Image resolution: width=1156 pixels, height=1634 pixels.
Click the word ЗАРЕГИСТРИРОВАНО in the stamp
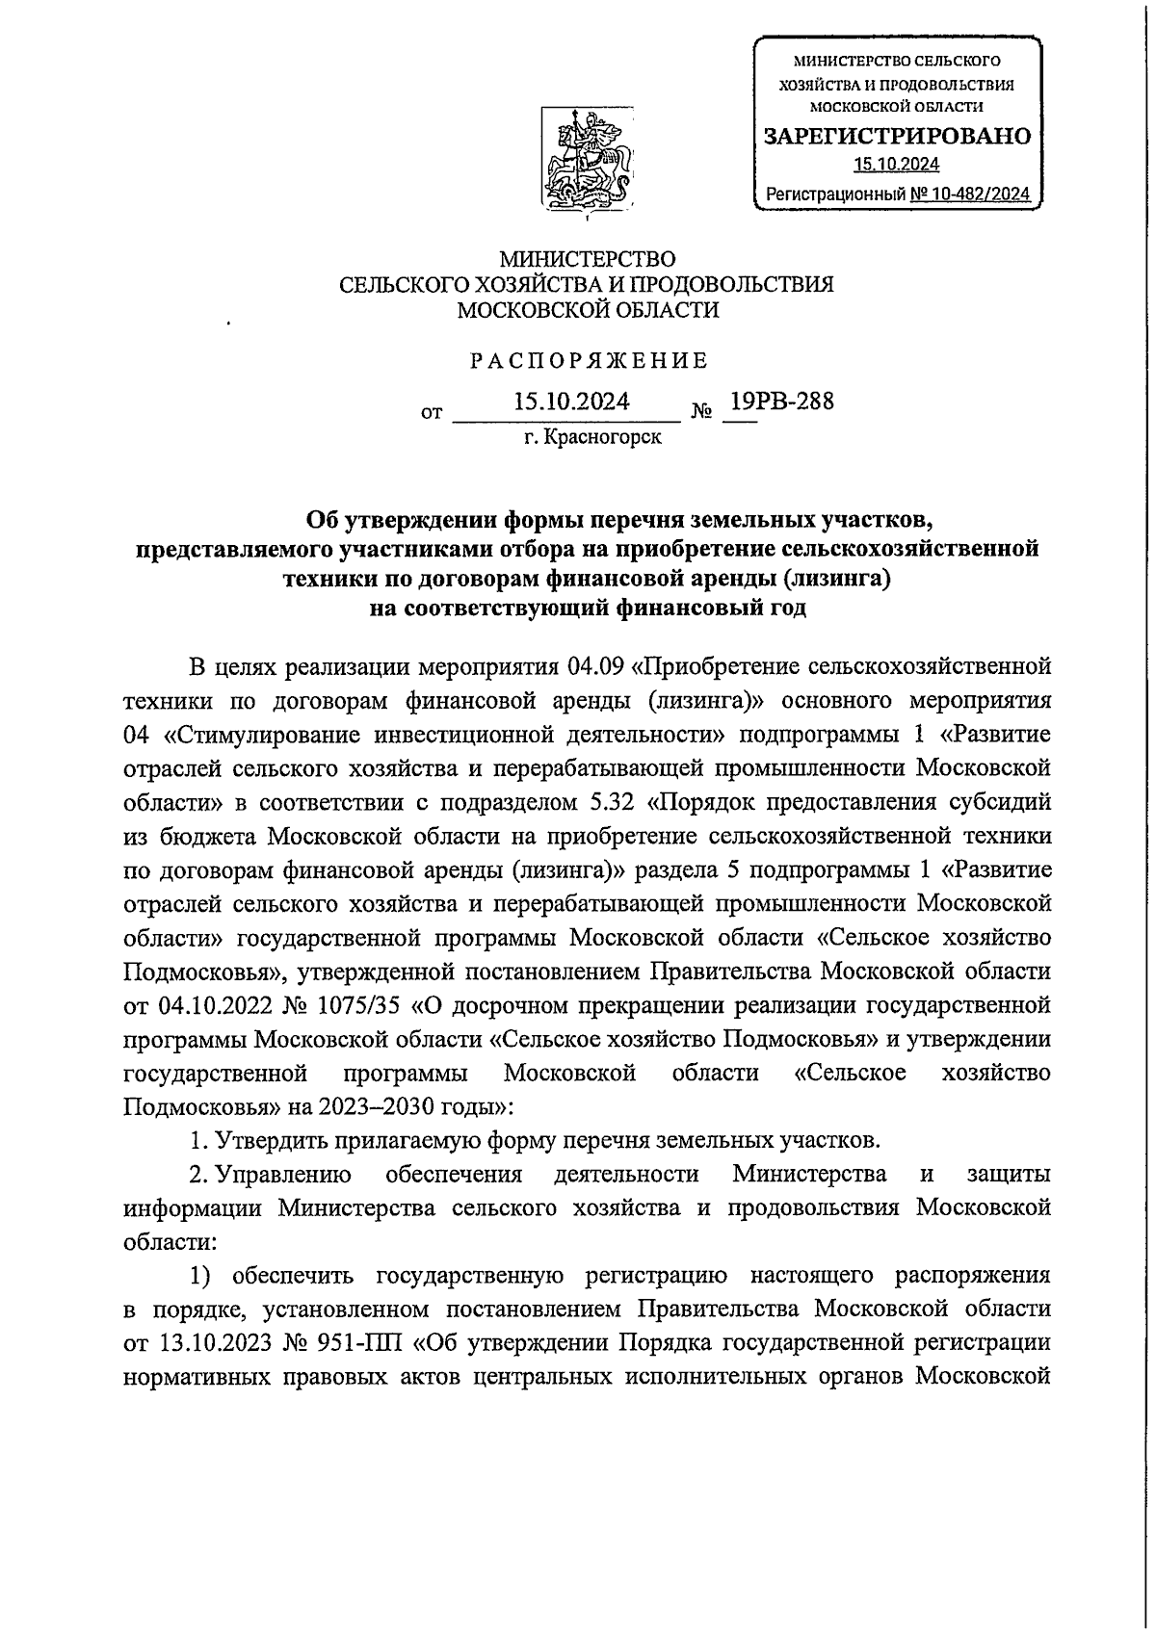[897, 136]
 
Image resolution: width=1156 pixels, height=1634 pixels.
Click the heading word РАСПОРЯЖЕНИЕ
[589, 361]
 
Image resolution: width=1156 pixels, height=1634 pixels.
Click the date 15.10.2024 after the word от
[572, 402]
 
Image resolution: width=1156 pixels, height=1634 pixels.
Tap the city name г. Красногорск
[592, 438]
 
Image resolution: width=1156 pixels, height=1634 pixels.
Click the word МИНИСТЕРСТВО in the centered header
[587, 259]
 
